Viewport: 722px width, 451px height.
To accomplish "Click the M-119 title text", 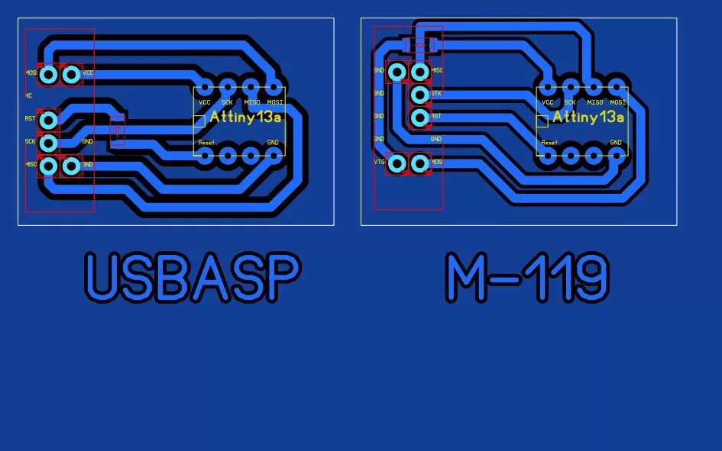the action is pyautogui.click(x=527, y=276).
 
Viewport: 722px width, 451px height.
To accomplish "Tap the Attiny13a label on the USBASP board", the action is pyautogui.click(x=245, y=118).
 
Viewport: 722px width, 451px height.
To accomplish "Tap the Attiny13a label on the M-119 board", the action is pyautogui.click(x=588, y=118).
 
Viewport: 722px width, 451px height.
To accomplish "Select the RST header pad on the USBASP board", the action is pyautogui.click(x=48, y=120).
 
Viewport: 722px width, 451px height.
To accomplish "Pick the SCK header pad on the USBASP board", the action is pyautogui.click(x=48, y=143).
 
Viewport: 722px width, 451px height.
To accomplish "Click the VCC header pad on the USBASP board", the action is pyautogui.click(x=71, y=74).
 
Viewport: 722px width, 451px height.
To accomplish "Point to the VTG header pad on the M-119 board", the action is pyautogui.click(x=397, y=163).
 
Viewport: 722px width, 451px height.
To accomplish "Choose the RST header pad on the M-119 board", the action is pyautogui.click(x=419, y=118).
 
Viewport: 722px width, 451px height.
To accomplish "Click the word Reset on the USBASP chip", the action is pyautogui.click(x=206, y=143).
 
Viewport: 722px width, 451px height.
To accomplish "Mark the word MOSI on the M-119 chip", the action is pyautogui.click(x=618, y=102).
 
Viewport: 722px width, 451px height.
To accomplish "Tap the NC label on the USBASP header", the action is pyautogui.click(x=28, y=96).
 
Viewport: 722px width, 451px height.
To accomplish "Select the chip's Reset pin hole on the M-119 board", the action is pyautogui.click(x=548, y=156).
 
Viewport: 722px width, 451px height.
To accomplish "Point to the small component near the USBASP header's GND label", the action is pyautogui.click(x=116, y=130).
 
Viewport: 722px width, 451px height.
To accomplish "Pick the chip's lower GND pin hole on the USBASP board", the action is pyautogui.click(x=274, y=156).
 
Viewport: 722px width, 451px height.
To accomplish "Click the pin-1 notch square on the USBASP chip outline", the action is pyautogui.click(x=199, y=120).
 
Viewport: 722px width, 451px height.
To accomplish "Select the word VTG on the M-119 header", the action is pyautogui.click(x=379, y=163).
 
